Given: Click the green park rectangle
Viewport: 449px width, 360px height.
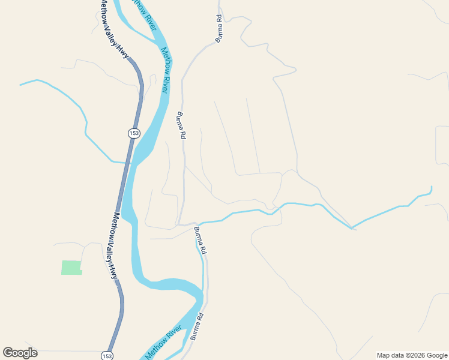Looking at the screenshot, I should pyautogui.click(x=71, y=268).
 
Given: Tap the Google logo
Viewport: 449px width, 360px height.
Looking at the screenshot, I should pyautogui.click(x=20, y=353).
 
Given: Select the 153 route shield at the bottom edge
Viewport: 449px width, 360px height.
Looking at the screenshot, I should pyautogui.click(x=107, y=355).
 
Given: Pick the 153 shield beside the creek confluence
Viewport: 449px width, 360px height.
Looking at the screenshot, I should pyautogui.click(x=133, y=133).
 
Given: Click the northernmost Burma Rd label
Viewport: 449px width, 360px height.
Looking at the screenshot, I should pyautogui.click(x=220, y=28).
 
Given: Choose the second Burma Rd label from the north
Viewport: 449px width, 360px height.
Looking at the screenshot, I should pyautogui.click(x=180, y=125).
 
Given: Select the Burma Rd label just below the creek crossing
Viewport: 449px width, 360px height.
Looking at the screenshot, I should pyautogui.click(x=200, y=241).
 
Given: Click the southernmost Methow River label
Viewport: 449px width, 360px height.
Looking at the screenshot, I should pyautogui.click(x=164, y=343).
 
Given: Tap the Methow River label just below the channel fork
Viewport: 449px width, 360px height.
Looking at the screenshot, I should pyautogui.click(x=165, y=71).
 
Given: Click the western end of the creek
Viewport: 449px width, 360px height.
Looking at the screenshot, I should pyautogui.click(x=21, y=85).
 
